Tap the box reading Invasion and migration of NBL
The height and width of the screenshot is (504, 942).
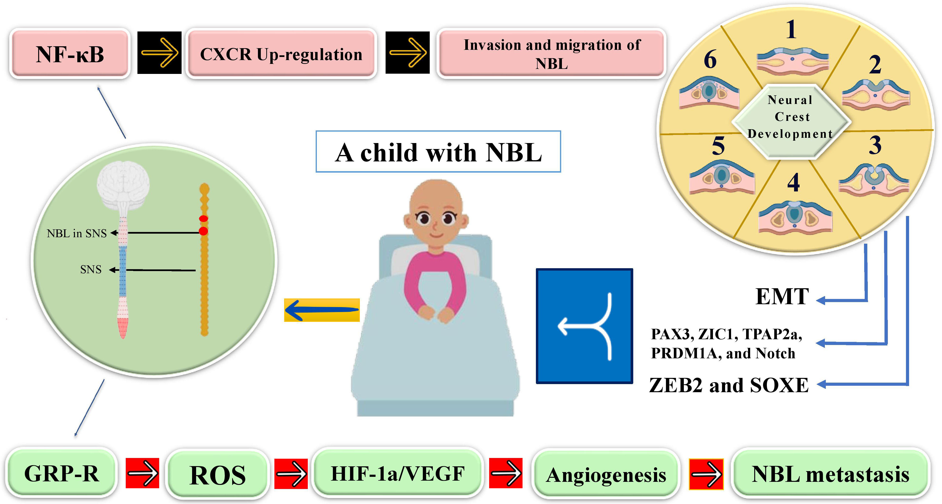pyautogui.click(x=551, y=54)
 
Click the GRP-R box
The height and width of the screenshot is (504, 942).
pyautogui.click(x=61, y=473)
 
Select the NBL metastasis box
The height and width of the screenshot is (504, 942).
pyautogui.click(x=830, y=474)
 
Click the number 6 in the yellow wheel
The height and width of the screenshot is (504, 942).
pyautogui.click(x=710, y=59)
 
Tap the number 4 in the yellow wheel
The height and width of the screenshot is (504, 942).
pyautogui.click(x=793, y=182)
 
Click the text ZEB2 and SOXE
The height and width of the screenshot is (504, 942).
pyautogui.click(x=728, y=385)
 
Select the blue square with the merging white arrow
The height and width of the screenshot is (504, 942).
pyautogui.click(x=584, y=326)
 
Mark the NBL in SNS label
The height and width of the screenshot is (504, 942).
pyautogui.click(x=77, y=233)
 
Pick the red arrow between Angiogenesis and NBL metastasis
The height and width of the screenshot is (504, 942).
pyautogui.click(x=706, y=474)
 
